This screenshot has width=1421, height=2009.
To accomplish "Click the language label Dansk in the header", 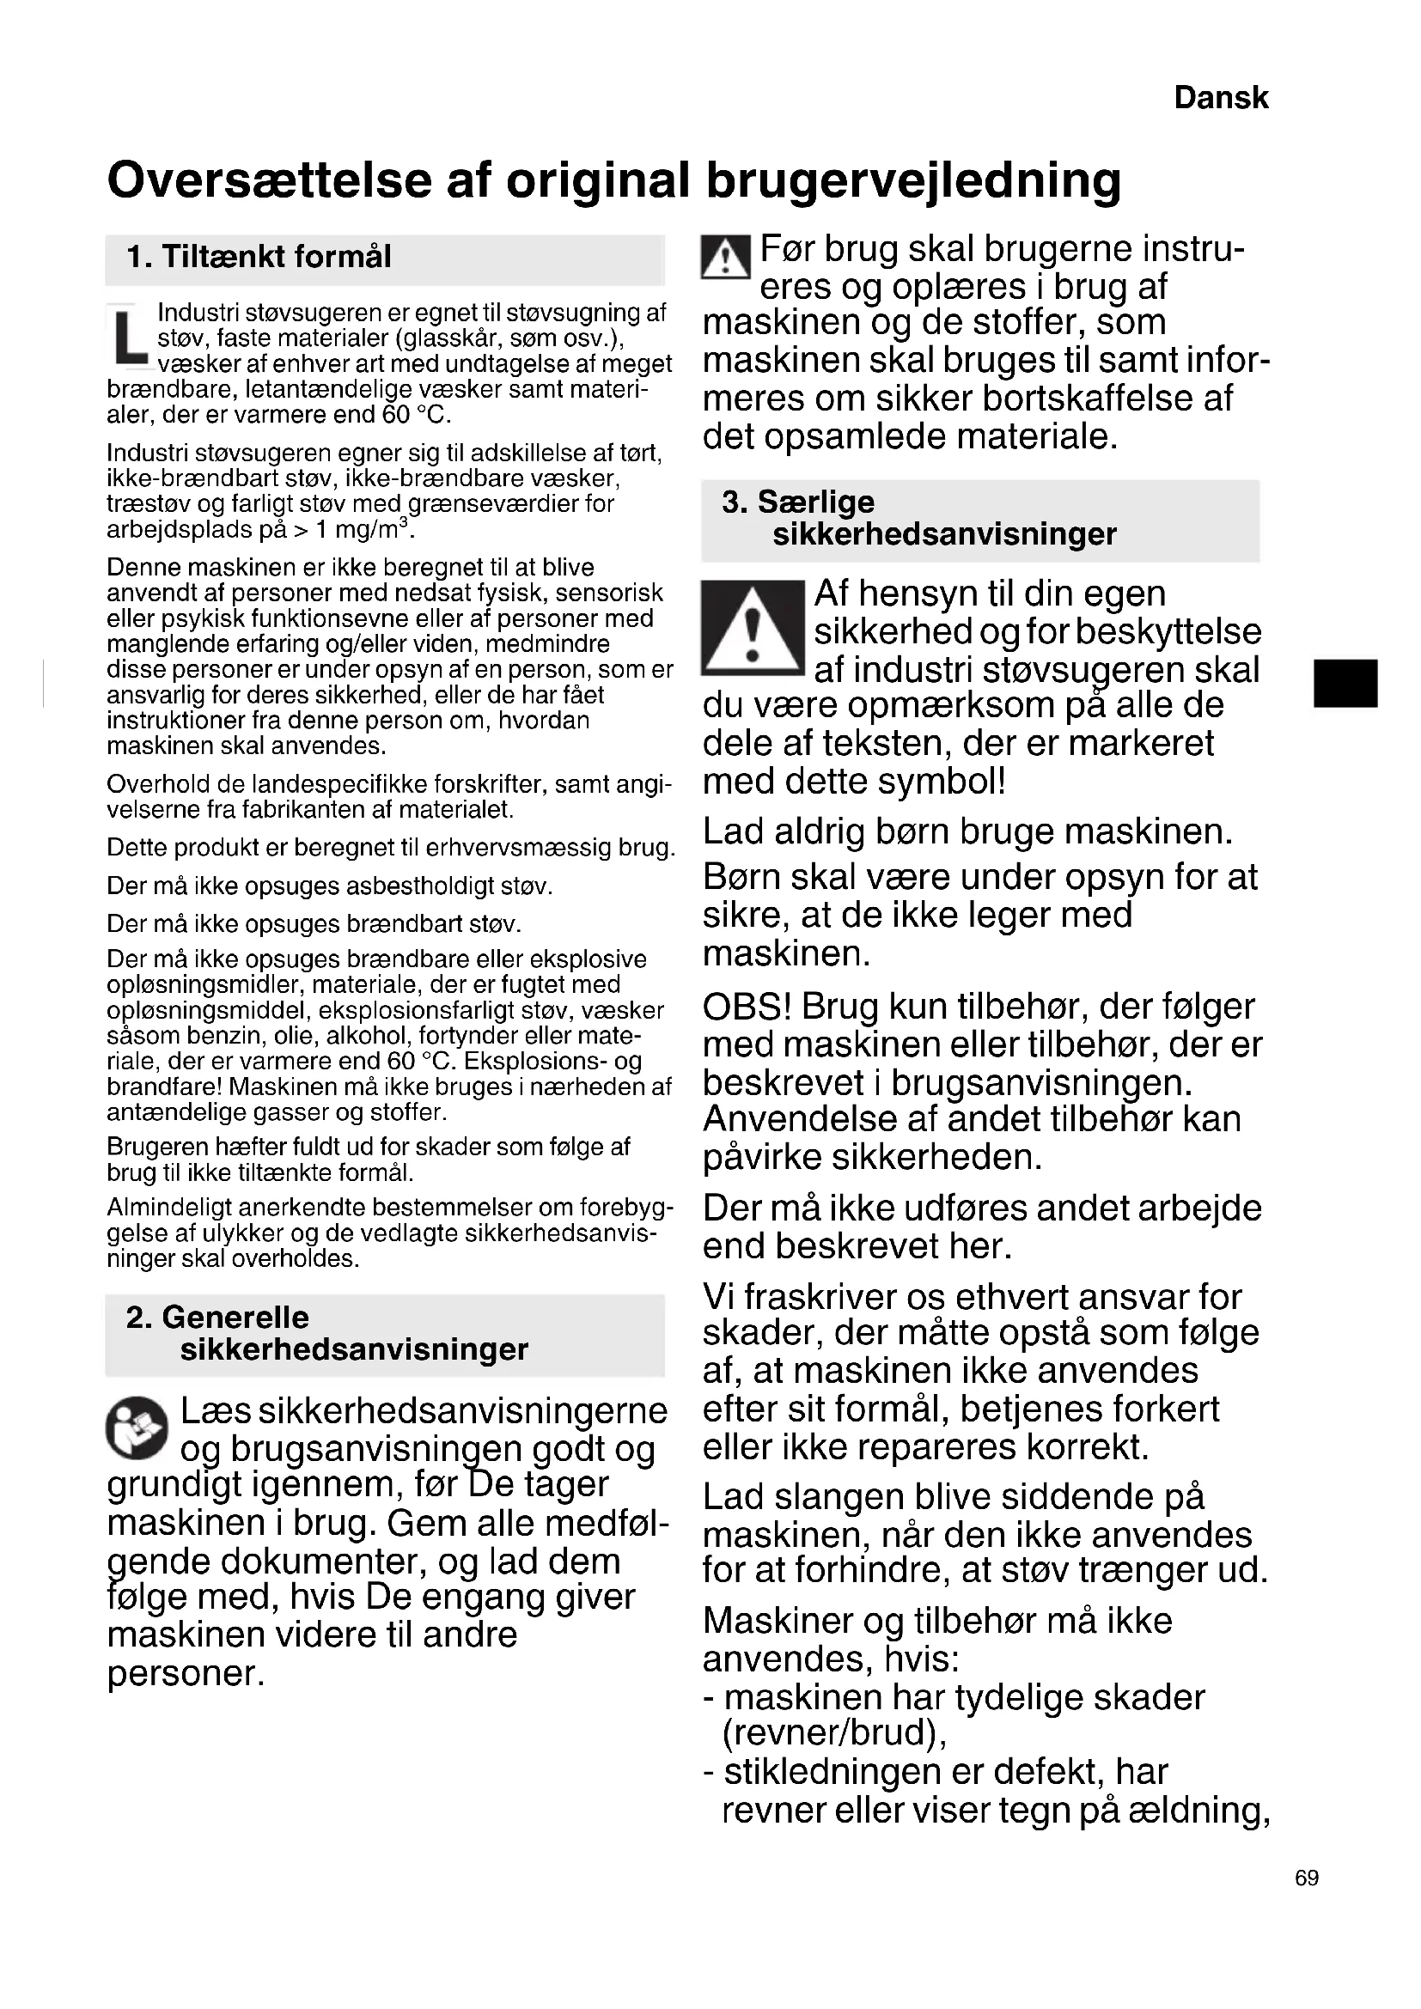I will (1220, 98).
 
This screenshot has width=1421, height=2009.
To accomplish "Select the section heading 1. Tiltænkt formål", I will (258, 258).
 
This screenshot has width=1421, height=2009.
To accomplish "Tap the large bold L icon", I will (131, 336).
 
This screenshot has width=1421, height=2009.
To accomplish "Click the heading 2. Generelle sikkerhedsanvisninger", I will (326, 1334).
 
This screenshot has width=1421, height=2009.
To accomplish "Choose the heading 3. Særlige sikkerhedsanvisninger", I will (918, 518).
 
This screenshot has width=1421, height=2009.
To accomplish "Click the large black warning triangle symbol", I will (752, 628).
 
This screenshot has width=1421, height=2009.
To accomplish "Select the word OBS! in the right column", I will (747, 1008).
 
